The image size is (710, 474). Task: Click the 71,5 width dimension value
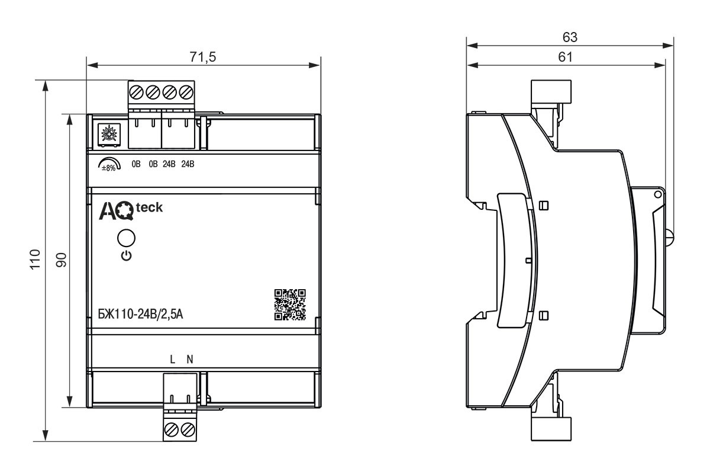203,57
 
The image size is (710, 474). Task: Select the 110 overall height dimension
35,260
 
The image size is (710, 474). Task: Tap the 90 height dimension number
62,260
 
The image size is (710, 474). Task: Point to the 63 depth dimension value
570,37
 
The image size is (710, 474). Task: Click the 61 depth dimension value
566,57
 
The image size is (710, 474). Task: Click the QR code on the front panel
290,305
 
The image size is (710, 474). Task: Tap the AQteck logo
131,210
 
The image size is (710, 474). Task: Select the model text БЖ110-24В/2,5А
140,314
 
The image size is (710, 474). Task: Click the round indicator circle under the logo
126,238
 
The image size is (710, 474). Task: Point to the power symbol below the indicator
127,256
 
